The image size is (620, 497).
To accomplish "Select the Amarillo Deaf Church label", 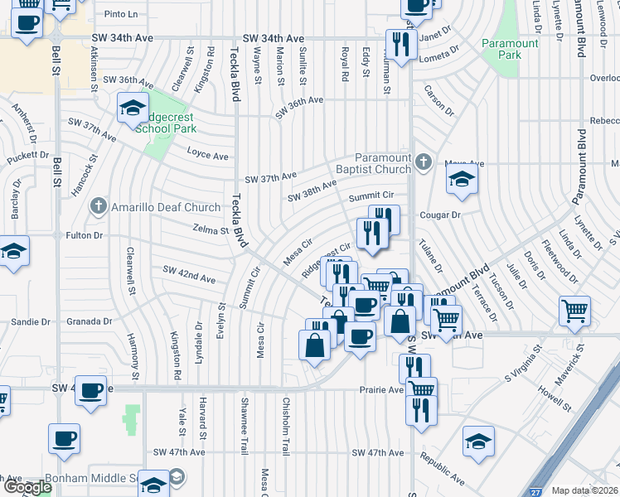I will click(x=167, y=207).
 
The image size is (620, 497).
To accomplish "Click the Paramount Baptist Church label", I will click(x=383, y=163).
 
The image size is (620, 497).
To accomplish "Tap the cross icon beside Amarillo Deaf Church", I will click(x=99, y=205).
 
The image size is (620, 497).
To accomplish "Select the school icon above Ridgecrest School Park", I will click(x=132, y=108).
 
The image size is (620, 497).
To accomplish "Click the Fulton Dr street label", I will click(x=85, y=235).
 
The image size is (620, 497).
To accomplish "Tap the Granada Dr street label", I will click(x=90, y=321).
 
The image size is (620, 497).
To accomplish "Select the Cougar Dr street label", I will click(x=438, y=215).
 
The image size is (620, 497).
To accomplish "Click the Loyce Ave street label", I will click(x=207, y=155).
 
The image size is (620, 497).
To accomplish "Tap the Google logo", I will click(x=27, y=487).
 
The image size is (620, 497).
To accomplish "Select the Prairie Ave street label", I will click(x=381, y=388).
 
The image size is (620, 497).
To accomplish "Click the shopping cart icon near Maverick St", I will click(x=575, y=311).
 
